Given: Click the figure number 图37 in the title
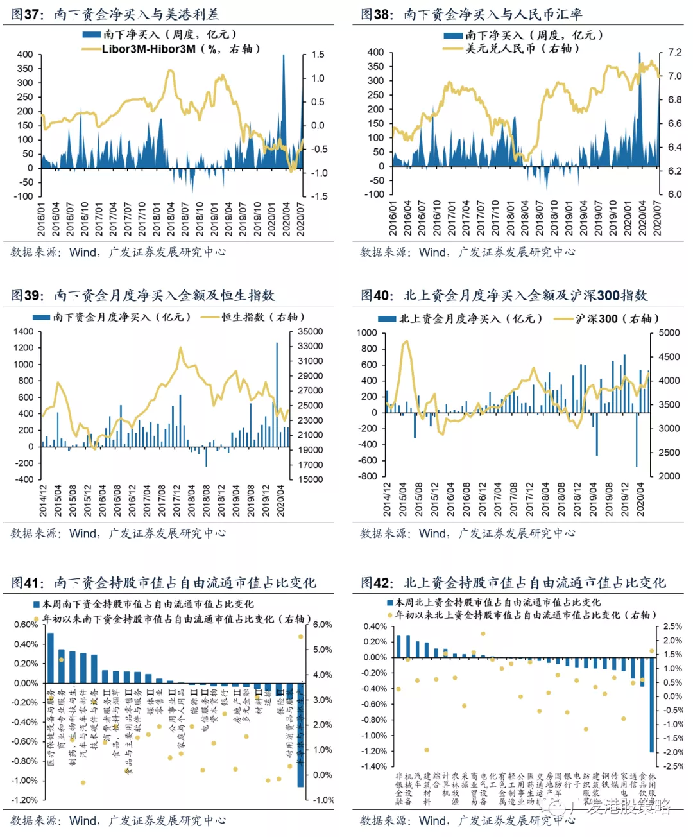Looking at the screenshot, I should (x=26, y=13).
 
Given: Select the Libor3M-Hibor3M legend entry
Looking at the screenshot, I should (x=148, y=49).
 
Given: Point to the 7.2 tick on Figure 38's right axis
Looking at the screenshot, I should (x=674, y=52).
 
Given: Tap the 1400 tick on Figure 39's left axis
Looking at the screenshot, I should (x=23, y=331).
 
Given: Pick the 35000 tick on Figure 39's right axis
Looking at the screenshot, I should (x=310, y=331).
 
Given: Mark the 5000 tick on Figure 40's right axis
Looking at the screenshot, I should (x=669, y=332).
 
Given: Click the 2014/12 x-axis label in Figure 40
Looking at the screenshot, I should (x=387, y=499).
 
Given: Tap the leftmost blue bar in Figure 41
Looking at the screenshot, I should (x=51, y=657).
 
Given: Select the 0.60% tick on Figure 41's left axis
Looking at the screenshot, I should (x=26, y=624).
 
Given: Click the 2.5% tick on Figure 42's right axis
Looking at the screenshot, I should (x=672, y=626).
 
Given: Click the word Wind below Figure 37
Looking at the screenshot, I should (x=83, y=252).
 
